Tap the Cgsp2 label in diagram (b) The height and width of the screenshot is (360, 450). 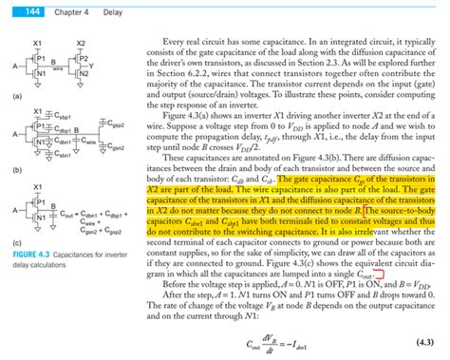pyautogui.click(x=119, y=123)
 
